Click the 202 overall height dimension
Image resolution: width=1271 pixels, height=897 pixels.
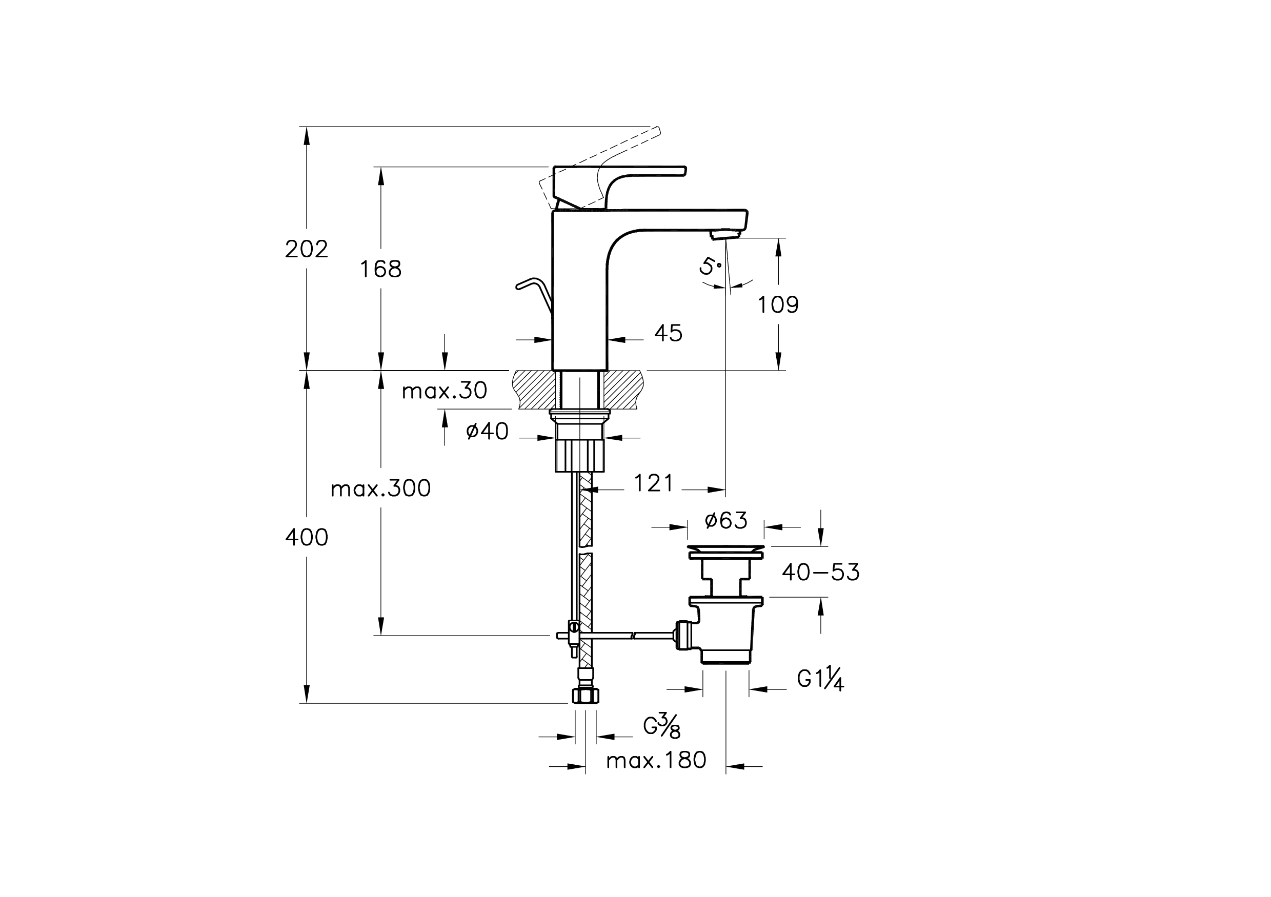point(306,249)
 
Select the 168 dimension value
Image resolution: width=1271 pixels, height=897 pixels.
point(380,269)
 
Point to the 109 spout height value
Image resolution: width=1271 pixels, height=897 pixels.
point(778,305)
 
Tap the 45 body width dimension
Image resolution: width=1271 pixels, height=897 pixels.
point(668,333)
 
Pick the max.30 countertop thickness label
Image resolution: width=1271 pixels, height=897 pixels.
point(444,391)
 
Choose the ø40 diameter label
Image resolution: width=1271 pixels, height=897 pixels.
point(487,431)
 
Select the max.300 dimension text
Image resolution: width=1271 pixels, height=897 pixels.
point(380,488)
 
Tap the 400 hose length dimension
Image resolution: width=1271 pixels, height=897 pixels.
point(306,537)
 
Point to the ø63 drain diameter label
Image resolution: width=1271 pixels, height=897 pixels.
point(725,520)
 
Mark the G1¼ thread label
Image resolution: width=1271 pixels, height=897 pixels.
point(820,680)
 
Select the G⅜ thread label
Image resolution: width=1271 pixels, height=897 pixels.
point(661,726)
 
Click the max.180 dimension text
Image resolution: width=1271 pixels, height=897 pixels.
point(656,761)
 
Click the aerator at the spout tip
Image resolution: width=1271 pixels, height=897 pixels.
point(725,235)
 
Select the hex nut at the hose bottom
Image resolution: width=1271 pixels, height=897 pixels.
point(585,696)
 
